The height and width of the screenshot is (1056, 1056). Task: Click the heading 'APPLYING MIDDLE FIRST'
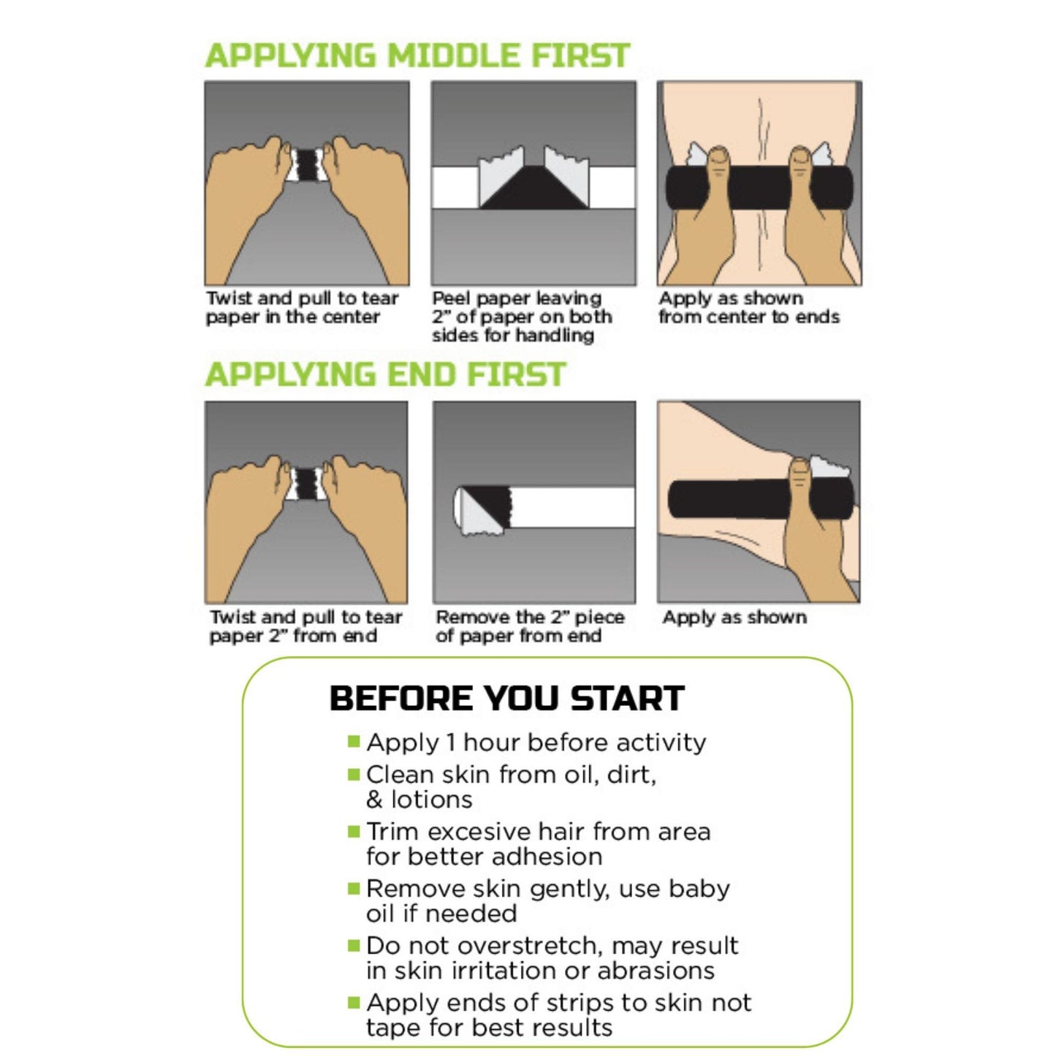click(417, 56)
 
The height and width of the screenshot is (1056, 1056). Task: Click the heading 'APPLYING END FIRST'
click(385, 375)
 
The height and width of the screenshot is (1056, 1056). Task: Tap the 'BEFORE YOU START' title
click(506, 698)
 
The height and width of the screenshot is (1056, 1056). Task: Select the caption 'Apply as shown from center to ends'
click(748, 308)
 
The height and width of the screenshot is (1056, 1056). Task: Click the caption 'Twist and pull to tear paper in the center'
click(302, 308)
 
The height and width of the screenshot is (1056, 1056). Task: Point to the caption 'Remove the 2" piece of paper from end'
click(529, 626)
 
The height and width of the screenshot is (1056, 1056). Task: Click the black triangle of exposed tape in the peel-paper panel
click(534, 189)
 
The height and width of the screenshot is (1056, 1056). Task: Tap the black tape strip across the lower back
click(759, 187)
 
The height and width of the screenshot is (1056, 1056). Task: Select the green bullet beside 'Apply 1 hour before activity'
click(354, 742)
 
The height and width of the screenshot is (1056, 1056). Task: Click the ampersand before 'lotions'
click(374, 800)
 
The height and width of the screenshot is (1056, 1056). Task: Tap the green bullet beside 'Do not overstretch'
click(354, 946)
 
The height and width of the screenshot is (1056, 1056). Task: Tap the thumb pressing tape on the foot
click(799, 478)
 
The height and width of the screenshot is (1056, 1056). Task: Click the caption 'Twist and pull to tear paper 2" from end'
click(305, 626)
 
